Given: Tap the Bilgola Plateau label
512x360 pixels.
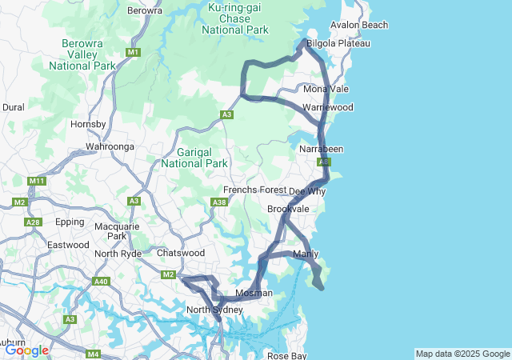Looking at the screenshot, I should (x=340, y=43).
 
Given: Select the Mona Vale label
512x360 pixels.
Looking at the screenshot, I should (x=326, y=89).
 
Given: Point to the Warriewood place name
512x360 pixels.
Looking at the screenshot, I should (x=328, y=107).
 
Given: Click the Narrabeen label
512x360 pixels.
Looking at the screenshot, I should (x=321, y=150).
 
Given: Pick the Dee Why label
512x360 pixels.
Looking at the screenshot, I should (x=307, y=192).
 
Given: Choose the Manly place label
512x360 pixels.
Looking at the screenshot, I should (x=306, y=254).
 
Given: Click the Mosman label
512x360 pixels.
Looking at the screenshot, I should (x=254, y=293).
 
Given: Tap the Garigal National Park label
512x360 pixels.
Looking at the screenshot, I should (x=194, y=157).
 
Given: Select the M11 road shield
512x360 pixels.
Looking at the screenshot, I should (x=36, y=182).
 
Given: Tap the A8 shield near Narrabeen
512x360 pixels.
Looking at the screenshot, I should (x=322, y=162).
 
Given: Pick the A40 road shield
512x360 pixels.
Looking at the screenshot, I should (x=101, y=282).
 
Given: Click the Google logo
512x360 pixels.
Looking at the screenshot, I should (x=26, y=350).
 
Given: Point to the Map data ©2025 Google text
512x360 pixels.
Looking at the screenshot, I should (x=462, y=354).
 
